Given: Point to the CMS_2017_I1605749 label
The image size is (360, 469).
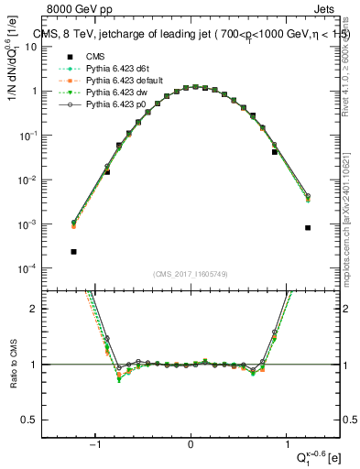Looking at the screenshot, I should tap(191, 273).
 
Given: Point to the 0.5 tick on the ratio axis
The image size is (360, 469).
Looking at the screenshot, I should tap(39, 420).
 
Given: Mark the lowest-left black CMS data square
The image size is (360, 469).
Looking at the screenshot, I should tap(73, 251).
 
